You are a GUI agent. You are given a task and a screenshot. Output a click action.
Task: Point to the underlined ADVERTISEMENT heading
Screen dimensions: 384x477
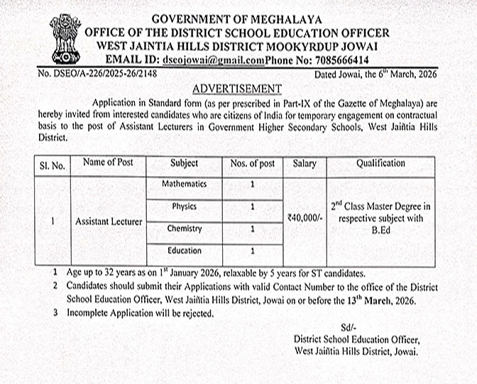coord(237,89)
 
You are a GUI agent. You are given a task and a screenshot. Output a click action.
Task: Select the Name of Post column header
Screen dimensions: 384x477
coord(108,163)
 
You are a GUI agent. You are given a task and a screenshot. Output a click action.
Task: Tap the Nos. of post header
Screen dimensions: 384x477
coord(252,163)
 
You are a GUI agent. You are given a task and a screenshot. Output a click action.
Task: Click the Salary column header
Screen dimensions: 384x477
coord(304,163)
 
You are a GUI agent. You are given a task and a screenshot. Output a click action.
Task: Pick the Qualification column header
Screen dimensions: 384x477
coord(380,163)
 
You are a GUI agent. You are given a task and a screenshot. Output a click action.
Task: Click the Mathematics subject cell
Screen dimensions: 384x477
coord(183,185)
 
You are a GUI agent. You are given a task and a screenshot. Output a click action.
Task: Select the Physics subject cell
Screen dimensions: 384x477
coord(184,207)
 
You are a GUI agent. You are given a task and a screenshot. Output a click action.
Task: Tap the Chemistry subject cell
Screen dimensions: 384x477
coord(184,229)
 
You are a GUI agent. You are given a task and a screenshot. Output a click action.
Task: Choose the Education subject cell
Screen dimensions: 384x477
coord(184,251)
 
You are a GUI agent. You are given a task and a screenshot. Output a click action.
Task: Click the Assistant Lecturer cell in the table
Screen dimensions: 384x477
coord(109,221)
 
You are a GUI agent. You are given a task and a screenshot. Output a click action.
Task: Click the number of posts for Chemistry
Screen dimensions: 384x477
coord(252,229)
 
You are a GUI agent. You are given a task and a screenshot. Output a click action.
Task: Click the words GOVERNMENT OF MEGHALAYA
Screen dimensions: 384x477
coord(237,19)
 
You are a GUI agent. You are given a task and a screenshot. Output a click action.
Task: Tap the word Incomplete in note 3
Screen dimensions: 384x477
coord(89,312)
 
